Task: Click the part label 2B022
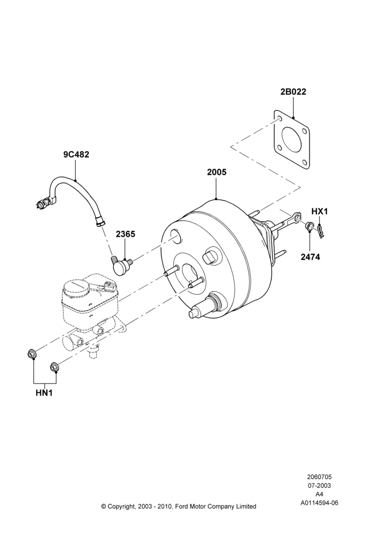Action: click(x=293, y=91)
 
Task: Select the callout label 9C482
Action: click(x=76, y=154)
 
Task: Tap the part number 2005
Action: click(x=216, y=172)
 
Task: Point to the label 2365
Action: click(x=125, y=234)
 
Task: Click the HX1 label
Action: click(x=320, y=211)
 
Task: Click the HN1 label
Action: click(x=44, y=393)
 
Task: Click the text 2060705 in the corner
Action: click(x=319, y=477)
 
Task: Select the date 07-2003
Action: click(x=319, y=485)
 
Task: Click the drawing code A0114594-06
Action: click(x=319, y=503)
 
